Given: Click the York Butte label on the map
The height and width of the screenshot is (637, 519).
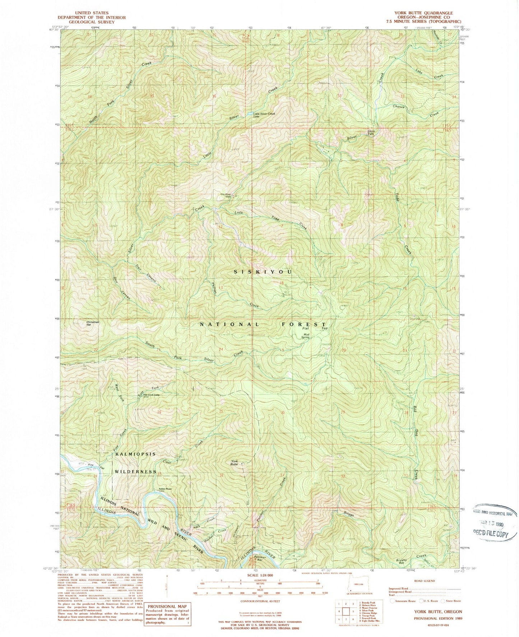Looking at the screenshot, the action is [234, 463].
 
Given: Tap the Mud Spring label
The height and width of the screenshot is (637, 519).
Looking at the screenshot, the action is [305, 336].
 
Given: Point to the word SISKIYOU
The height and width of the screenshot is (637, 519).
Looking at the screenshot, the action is [263, 272].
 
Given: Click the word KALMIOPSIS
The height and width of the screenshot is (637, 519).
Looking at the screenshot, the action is [135, 454].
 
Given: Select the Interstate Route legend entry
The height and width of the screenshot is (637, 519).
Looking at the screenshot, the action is [404, 601].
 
